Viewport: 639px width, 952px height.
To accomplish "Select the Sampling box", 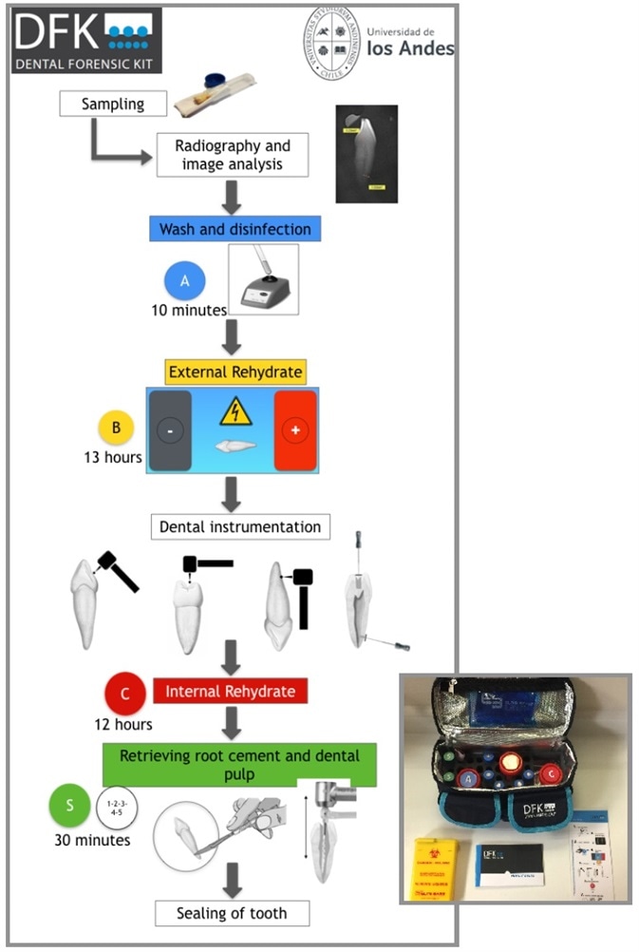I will click(113, 103).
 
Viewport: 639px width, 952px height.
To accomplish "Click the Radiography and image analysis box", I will click(233, 155).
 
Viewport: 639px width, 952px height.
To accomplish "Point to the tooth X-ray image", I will click(366, 154).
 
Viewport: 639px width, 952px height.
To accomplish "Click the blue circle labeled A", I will click(185, 281).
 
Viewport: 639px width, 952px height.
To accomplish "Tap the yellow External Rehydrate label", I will click(235, 371).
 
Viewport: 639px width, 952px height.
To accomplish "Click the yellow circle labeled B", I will click(117, 428).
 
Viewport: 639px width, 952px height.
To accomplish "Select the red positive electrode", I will click(296, 430).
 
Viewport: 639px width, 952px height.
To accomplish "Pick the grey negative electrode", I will click(170, 430).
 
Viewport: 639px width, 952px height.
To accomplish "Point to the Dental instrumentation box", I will click(240, 526).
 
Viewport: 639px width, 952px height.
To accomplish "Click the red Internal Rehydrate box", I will click(231, 691).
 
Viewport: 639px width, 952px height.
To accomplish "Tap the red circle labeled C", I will click(126, 692).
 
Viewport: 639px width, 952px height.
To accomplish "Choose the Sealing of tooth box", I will click(234, 914).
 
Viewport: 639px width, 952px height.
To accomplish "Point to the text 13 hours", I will click(112, 458).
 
